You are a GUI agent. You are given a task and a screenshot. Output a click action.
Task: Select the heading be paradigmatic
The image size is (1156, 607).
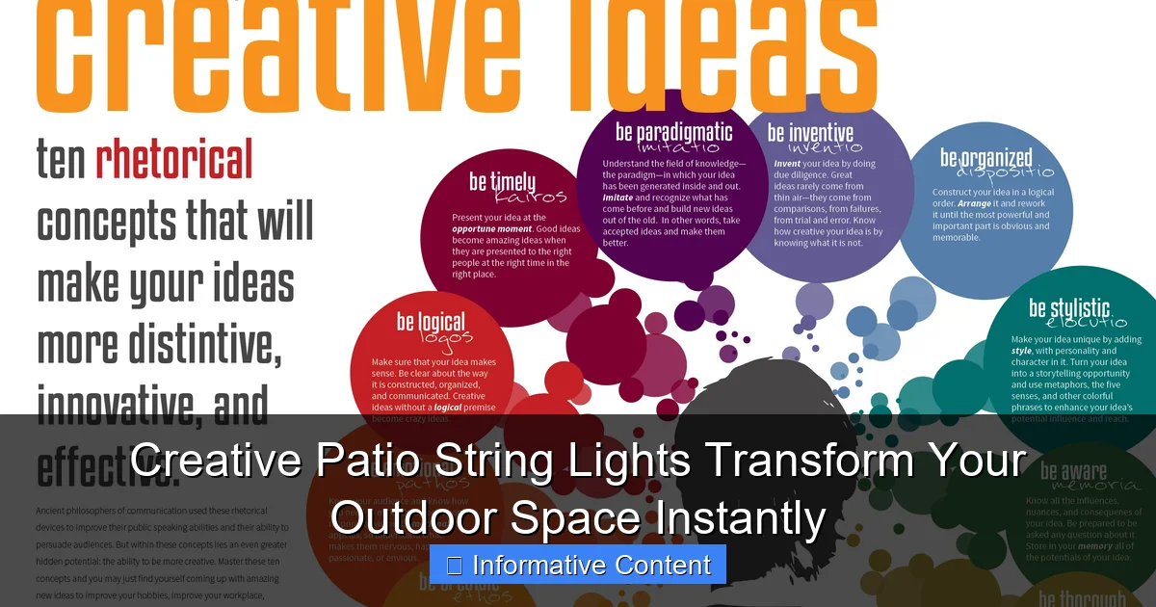[x=673, y=132]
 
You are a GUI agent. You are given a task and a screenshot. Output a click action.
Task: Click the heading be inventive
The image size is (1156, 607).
[x=810, y=133]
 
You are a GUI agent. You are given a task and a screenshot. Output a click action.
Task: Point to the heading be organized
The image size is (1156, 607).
[x=985, y=157]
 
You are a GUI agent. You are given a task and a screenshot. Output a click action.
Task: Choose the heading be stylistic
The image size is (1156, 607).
[x=1069, y=308]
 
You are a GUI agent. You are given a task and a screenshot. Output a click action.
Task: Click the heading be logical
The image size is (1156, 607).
[x=431, y=322]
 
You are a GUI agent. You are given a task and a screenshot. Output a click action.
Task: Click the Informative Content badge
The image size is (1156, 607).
[x=578, y=565]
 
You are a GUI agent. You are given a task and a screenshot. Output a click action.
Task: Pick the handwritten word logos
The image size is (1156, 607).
[x=446, y=337]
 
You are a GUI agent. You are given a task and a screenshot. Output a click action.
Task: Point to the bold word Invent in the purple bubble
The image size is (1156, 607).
[x=787, y=164]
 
